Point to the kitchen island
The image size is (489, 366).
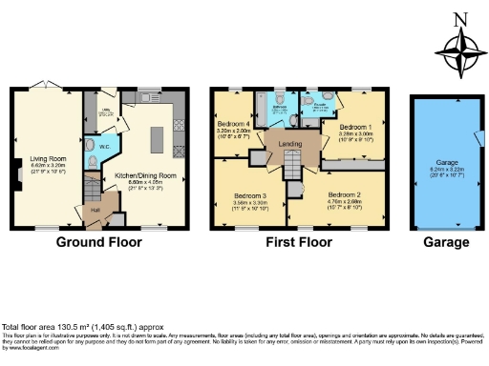pyautogui.click(x=176, y=140)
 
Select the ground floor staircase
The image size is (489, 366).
pyautogui.click(x=92, y=182)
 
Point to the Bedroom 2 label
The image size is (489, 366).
pyautogui.click(x=342, y=193)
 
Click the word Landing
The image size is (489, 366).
pyautogui.click(x=291, y=144)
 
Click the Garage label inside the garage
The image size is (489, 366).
pyautogui.click(x=446, y=162)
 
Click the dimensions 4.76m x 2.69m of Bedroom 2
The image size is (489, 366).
pyautogui.click(x=342, y=200)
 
